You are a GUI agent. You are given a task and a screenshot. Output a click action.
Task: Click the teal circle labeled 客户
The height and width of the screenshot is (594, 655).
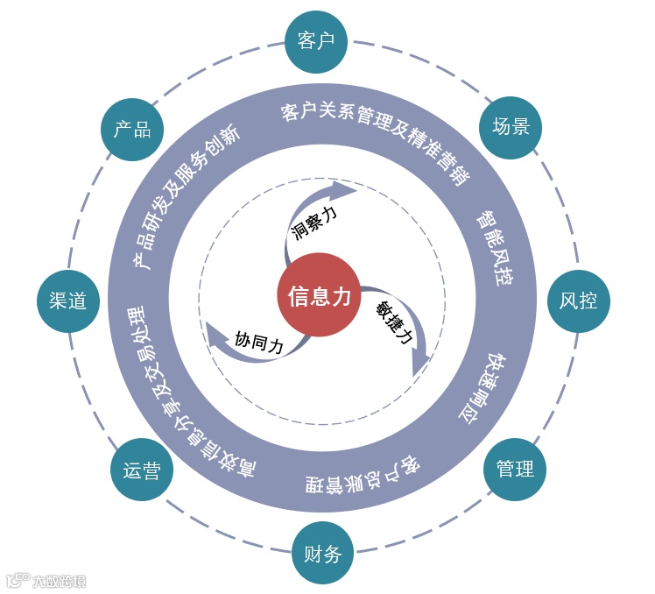tap(316, 41)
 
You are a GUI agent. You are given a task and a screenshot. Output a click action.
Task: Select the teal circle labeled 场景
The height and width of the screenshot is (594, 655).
tap(511, 127)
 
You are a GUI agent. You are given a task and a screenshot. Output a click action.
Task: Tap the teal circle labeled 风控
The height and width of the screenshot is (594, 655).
tap(578, 301)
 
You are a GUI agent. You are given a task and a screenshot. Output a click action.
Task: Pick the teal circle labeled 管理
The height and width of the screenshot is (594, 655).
tap(515, 469)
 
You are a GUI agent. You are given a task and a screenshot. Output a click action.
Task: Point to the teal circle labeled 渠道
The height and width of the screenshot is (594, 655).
tap(67, 301)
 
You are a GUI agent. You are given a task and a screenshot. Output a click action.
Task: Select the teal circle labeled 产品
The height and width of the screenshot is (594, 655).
tap(132, 130)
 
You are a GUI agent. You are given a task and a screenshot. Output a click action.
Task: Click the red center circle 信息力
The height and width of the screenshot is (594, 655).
tap(320, 296)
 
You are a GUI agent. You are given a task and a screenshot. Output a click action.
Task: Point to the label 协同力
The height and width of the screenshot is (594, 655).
tap(259, 341)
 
